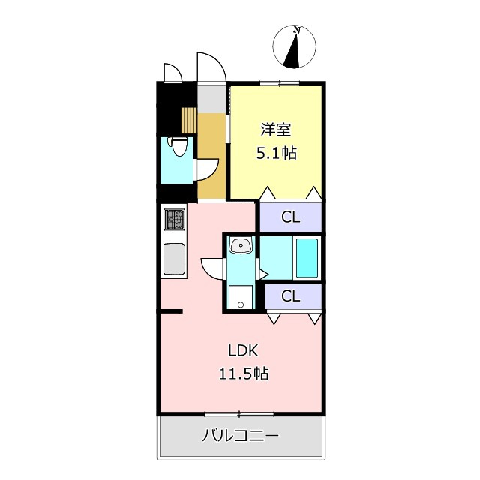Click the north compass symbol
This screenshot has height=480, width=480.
click(298, 47)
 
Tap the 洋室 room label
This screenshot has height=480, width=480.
click(275, 130)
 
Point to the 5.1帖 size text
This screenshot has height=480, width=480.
click(276, 154)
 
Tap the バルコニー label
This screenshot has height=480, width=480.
click(240, 436)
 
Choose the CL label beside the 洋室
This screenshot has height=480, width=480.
click(290, 217)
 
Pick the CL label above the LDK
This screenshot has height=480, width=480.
click(290, 295)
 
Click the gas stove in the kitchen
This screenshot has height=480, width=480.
click(174, 220)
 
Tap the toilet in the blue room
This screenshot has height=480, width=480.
click(178, 147)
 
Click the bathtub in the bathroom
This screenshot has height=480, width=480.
click(307, 257)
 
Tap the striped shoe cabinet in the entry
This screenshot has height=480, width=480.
click(189, 120)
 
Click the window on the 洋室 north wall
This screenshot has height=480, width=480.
click(280, 82)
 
